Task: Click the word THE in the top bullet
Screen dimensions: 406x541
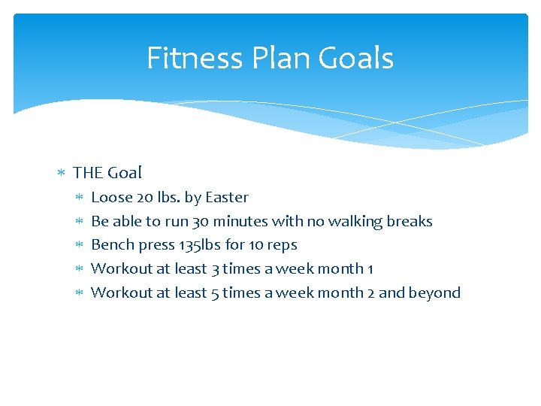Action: click(x=88, y=173)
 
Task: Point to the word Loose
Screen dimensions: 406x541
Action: click(x=111, y=198)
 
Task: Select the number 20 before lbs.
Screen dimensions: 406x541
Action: click(x=144, y=198)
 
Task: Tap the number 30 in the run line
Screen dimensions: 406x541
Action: click(x=201, y=222)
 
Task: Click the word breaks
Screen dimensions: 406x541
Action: click(x=410, y=222)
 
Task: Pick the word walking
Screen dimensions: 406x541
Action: click(x=353, y=222)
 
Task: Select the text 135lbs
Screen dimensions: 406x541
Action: click(x=200, y=245)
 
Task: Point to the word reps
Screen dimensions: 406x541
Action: click(x=283, y=245)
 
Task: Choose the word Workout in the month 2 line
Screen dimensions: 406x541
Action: click(x=122, y=293)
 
